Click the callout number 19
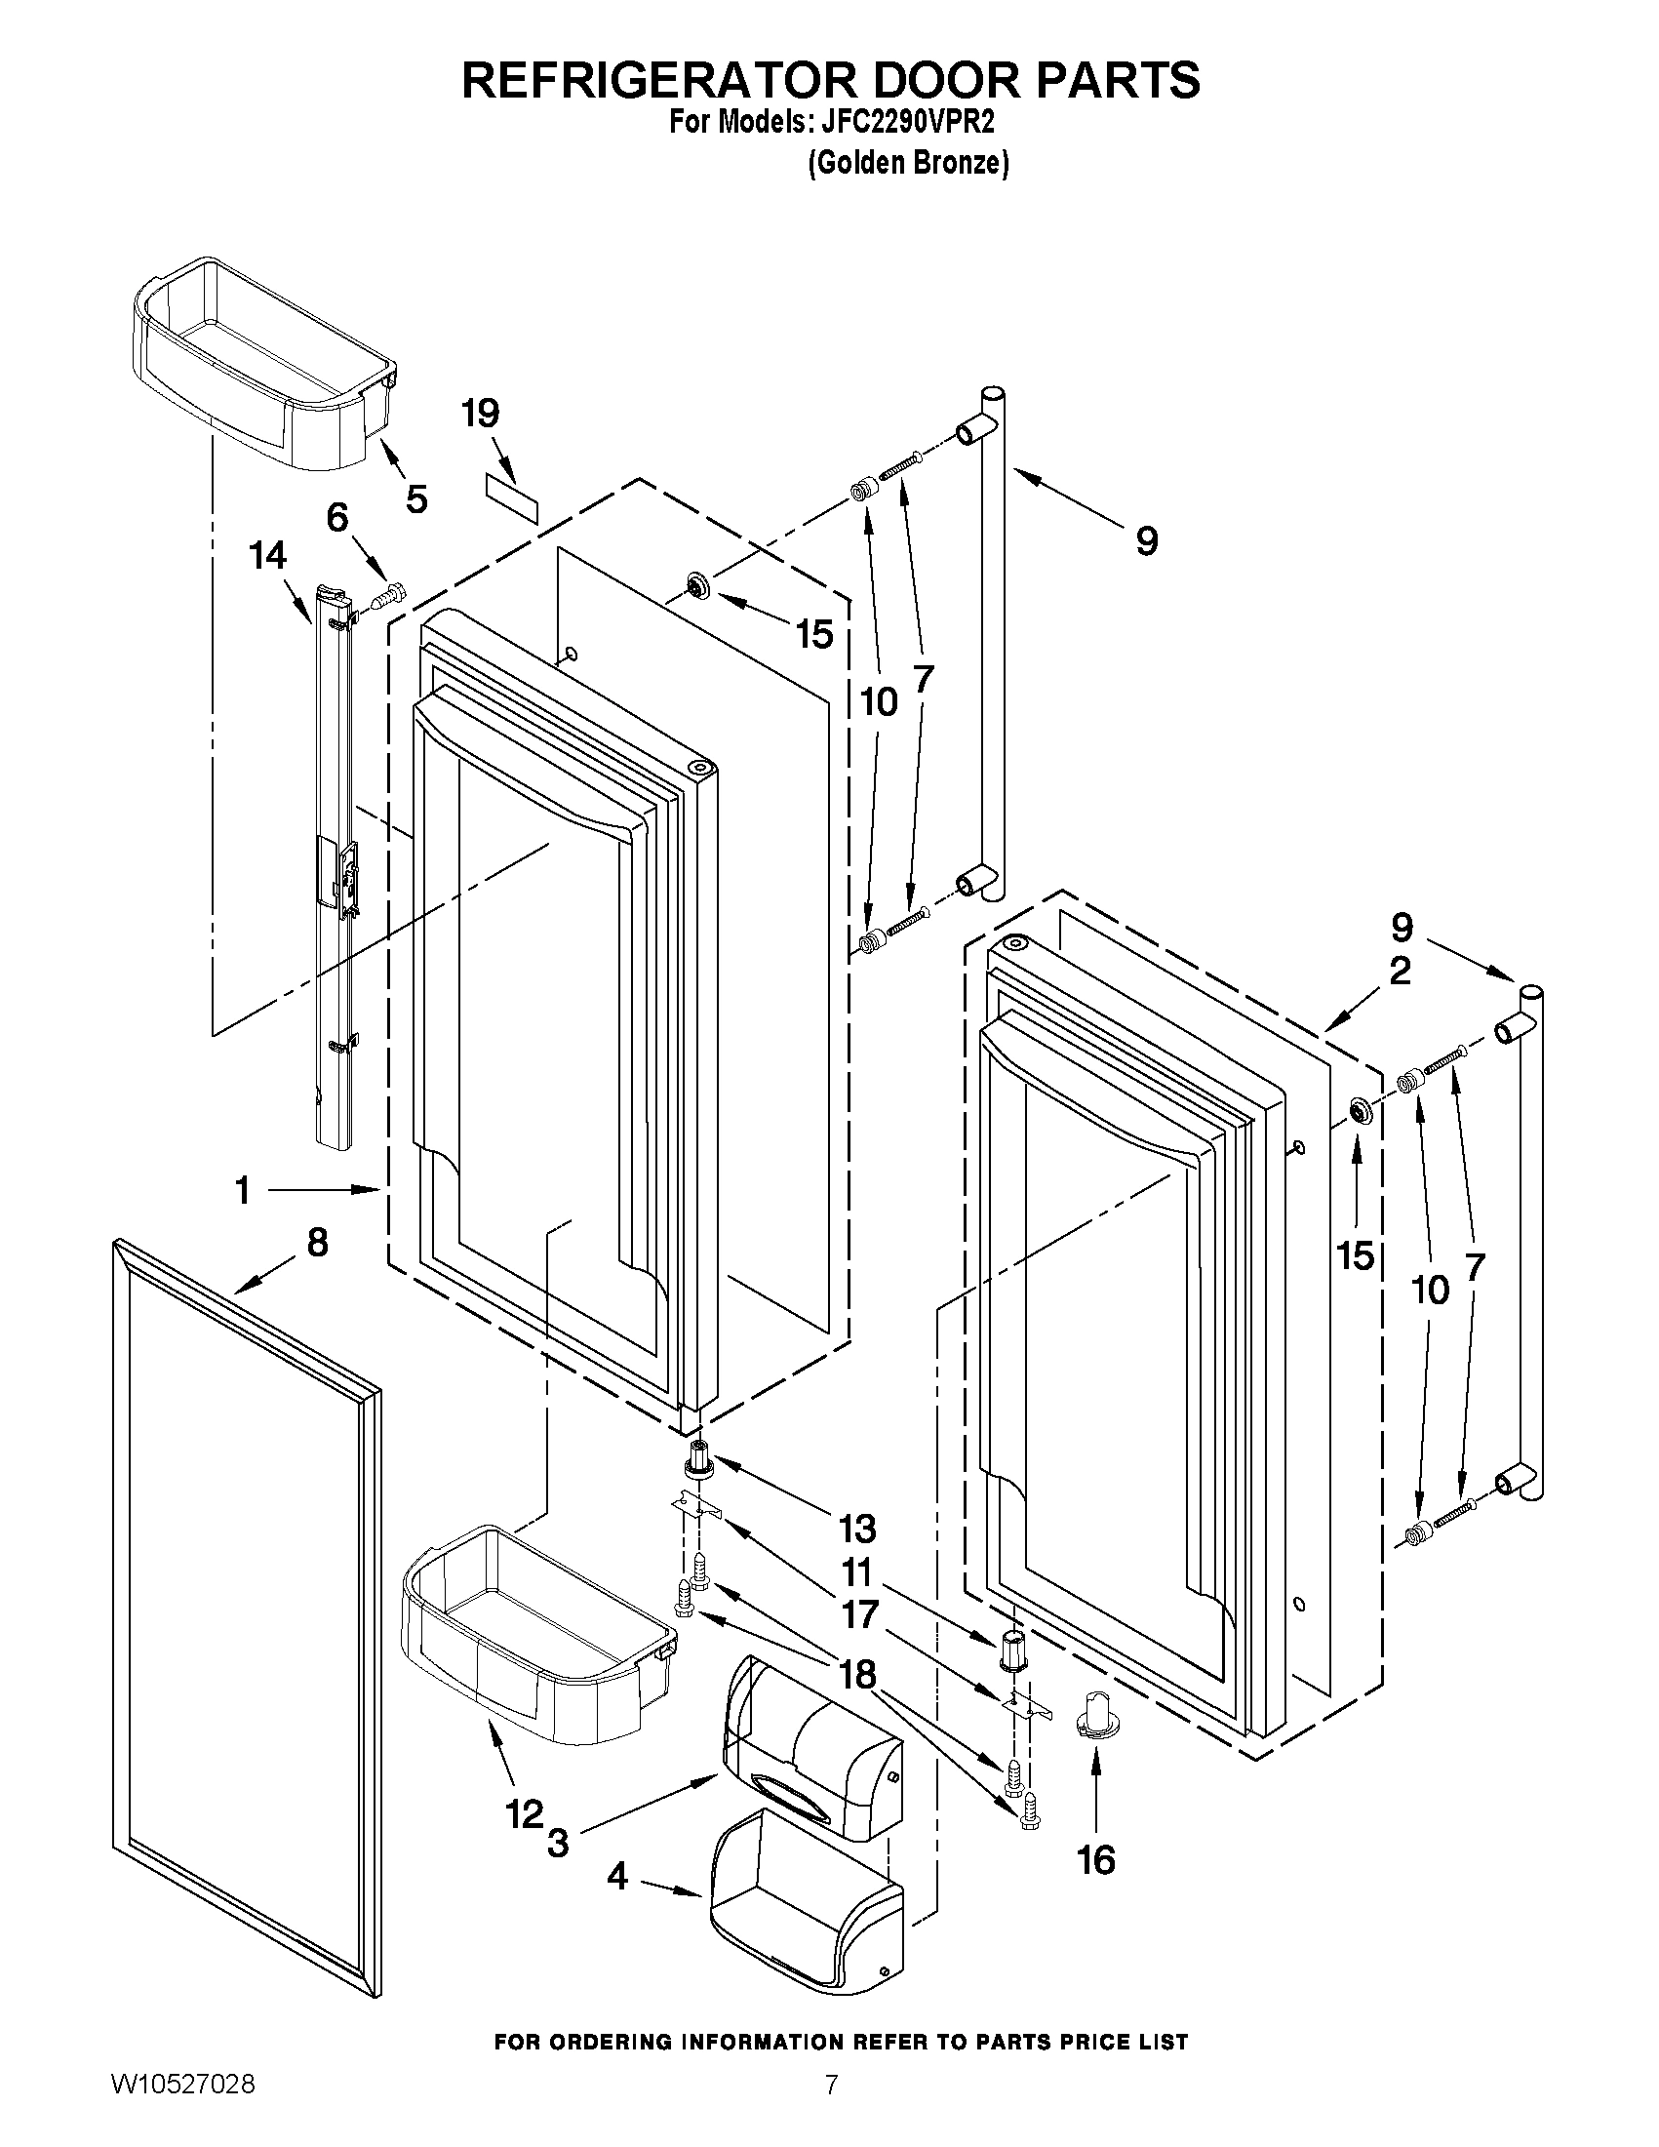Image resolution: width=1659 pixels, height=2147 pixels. tap(481, 414)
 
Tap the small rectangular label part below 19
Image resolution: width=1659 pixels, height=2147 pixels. tap(511, 498)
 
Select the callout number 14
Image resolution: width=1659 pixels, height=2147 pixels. tap(267, 555)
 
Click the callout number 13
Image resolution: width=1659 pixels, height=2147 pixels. tap(857, 1529)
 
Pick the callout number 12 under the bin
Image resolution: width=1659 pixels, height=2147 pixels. tap(524, 1812)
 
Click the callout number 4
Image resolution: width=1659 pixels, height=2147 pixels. tap(616, 1877)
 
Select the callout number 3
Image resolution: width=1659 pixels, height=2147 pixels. tap(558, 1842)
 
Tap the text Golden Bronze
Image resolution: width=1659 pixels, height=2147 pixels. tap(907, 163)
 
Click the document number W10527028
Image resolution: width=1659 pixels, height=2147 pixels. tap(183, 2106)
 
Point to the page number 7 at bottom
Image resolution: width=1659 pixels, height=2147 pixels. tap(832, 2105)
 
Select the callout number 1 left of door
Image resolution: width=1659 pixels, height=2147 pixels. tap(242, 1190)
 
